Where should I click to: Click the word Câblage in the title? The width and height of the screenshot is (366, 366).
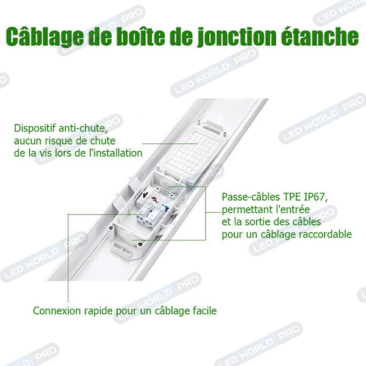(45, 37)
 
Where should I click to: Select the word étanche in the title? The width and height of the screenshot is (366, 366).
(320, 36)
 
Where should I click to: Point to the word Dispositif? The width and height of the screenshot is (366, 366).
(35, 128)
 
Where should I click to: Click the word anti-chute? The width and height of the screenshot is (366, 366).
(83, 128)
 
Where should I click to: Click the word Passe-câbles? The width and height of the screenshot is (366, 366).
(251, 197)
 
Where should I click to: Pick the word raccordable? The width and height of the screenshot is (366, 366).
(325, 234)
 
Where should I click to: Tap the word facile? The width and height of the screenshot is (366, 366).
(205, 310)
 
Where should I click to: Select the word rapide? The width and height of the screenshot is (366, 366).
(99, 311)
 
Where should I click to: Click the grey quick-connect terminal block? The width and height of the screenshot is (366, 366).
(152, 213)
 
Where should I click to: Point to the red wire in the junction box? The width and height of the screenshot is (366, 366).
(155, 199)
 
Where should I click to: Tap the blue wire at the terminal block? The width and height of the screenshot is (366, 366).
(166, 208)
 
